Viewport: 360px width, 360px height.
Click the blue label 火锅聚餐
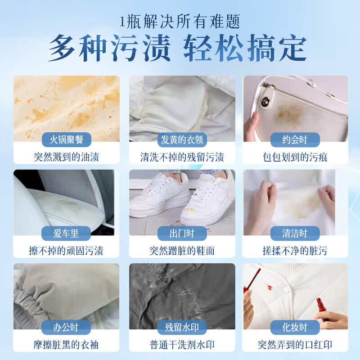tap(66, 140)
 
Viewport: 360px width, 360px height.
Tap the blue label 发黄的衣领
tap(182, 140)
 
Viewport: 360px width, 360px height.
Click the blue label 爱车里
tap(66, 234)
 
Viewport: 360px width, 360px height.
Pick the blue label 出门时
tap(182, 234)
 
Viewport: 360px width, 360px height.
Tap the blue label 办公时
tap(66, 327)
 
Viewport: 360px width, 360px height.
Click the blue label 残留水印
tap(182, 327)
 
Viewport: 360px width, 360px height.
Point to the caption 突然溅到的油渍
tap(66, 157)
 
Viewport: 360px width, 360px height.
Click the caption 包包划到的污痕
tap(296, 157)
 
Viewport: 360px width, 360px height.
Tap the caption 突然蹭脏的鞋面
tap(182, 251)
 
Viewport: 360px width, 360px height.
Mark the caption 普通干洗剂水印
tap(182, 345)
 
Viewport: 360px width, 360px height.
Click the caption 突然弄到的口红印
tap(296, 345)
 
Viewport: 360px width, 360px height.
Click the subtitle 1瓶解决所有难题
tap(180, 22)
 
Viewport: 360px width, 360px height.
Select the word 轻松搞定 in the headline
tap(245, 49)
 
